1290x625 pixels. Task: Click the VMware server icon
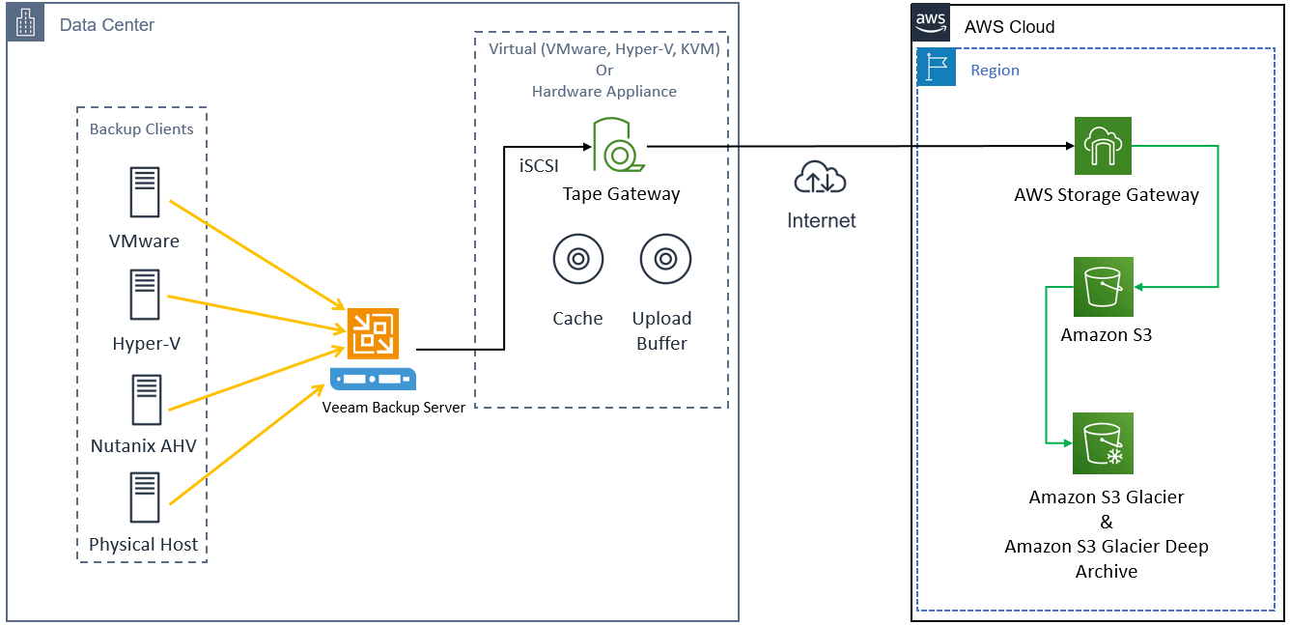pyautogui.click(x=145, y=192)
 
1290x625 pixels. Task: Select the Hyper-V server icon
pyautogui.click(x=145, y=295)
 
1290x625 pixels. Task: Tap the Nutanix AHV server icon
pyautogui.click(x=145, y=400)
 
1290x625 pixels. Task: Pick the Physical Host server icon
pyautogui.click(x=145, y=497)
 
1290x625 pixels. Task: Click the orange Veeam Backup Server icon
pyautogui.click(x=373, y=333)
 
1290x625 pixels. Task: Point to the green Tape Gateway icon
pyautogui.click(x=610, y=145)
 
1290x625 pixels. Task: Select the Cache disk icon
pyautogui.click(x=577, y=259)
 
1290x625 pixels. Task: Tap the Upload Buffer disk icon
pyautogui.click(x=663, y=259)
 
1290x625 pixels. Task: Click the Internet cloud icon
pyautogui.click(x=820, y=179)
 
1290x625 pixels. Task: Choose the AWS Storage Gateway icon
pyautogui.click(x=1103, y=146)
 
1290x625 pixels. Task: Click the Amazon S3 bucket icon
pyautogui.click(x=1103, y=286)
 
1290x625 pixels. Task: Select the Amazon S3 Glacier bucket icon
pyautogui.click(x=1103, y=442)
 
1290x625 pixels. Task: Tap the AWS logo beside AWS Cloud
pyautogui.click(x=931, y=22)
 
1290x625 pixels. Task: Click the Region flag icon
pyautogui.click(x=936, y=68)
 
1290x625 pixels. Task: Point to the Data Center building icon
pyautogui.click(x=26, y=22)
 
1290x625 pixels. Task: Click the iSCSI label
pyautogui.click(x=539, y=165)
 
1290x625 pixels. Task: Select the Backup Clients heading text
pyautogui.click(x=141, y=129)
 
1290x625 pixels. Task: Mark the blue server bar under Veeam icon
pyautogui.click(x=373, y=379)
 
